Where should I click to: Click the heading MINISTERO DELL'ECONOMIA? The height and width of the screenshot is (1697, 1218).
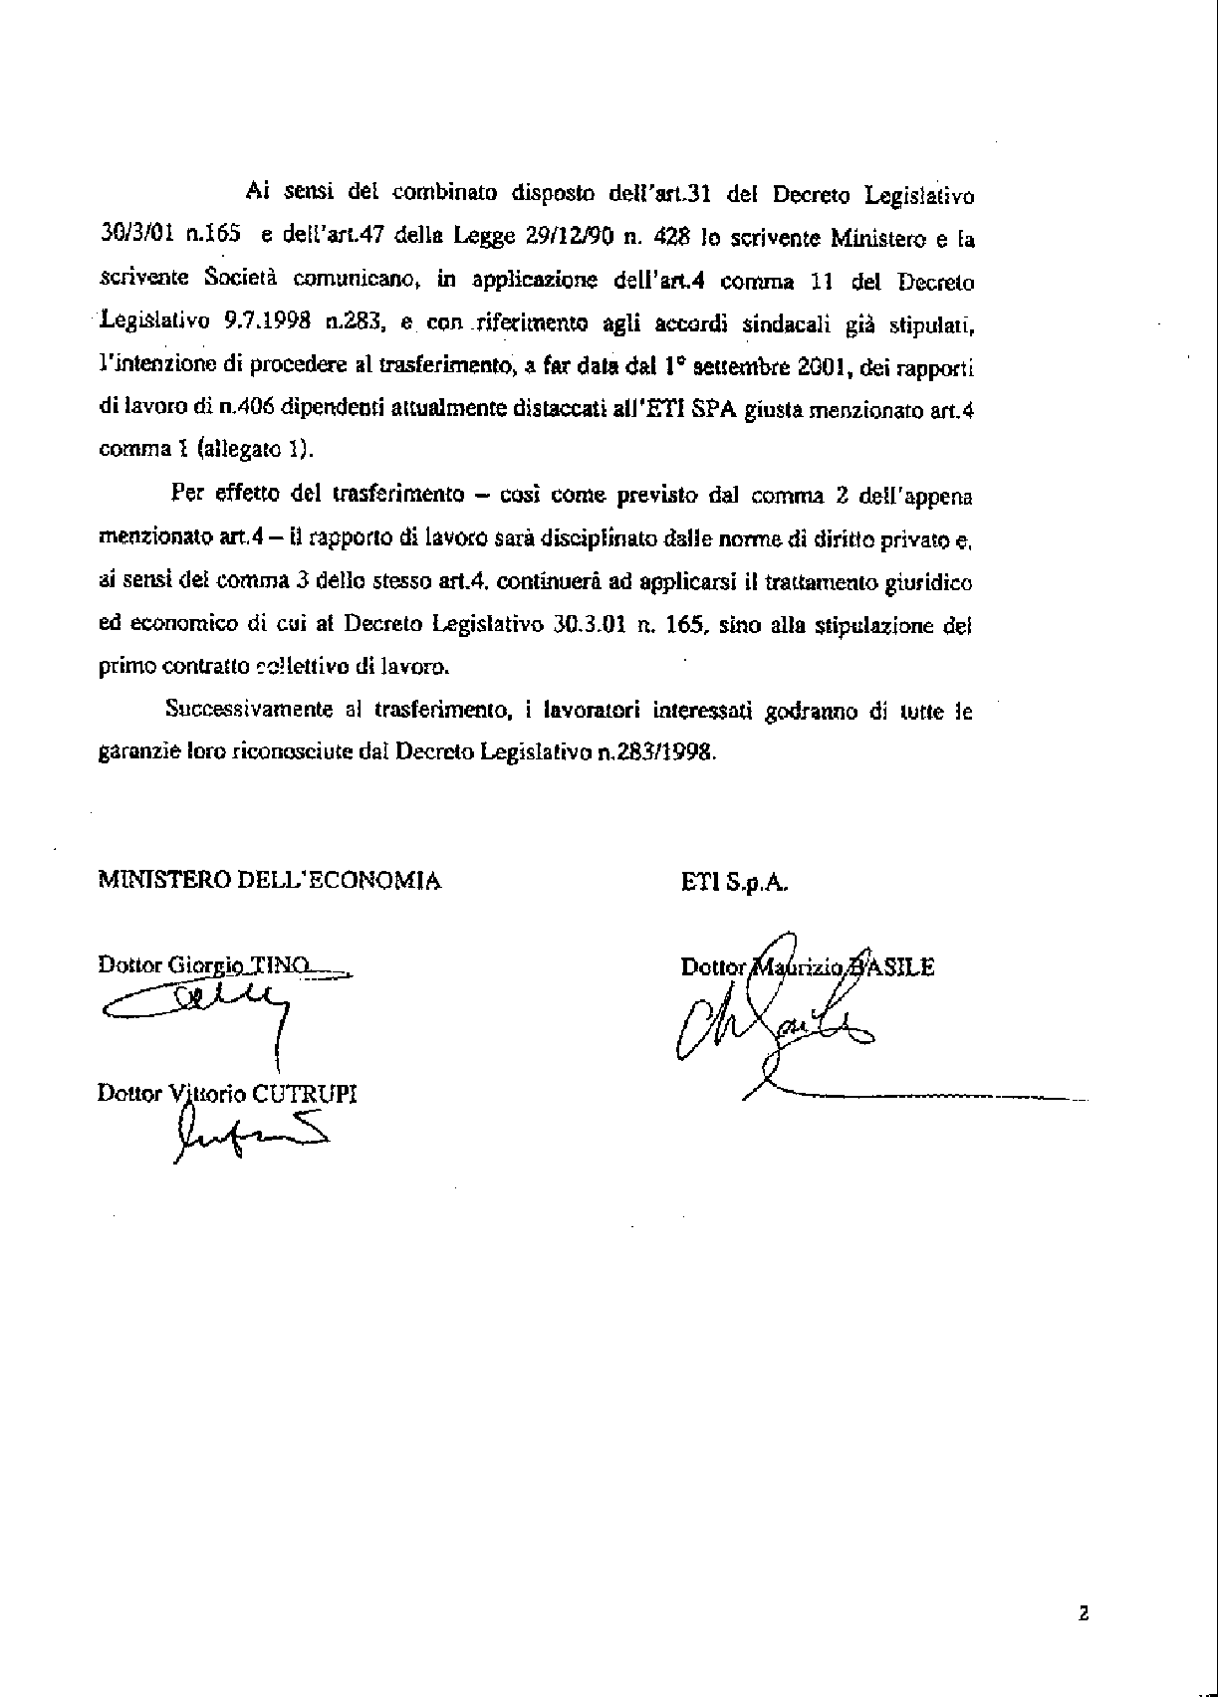(x=269, y=880)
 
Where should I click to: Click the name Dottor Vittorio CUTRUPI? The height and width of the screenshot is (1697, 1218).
(x=227, y=1093)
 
